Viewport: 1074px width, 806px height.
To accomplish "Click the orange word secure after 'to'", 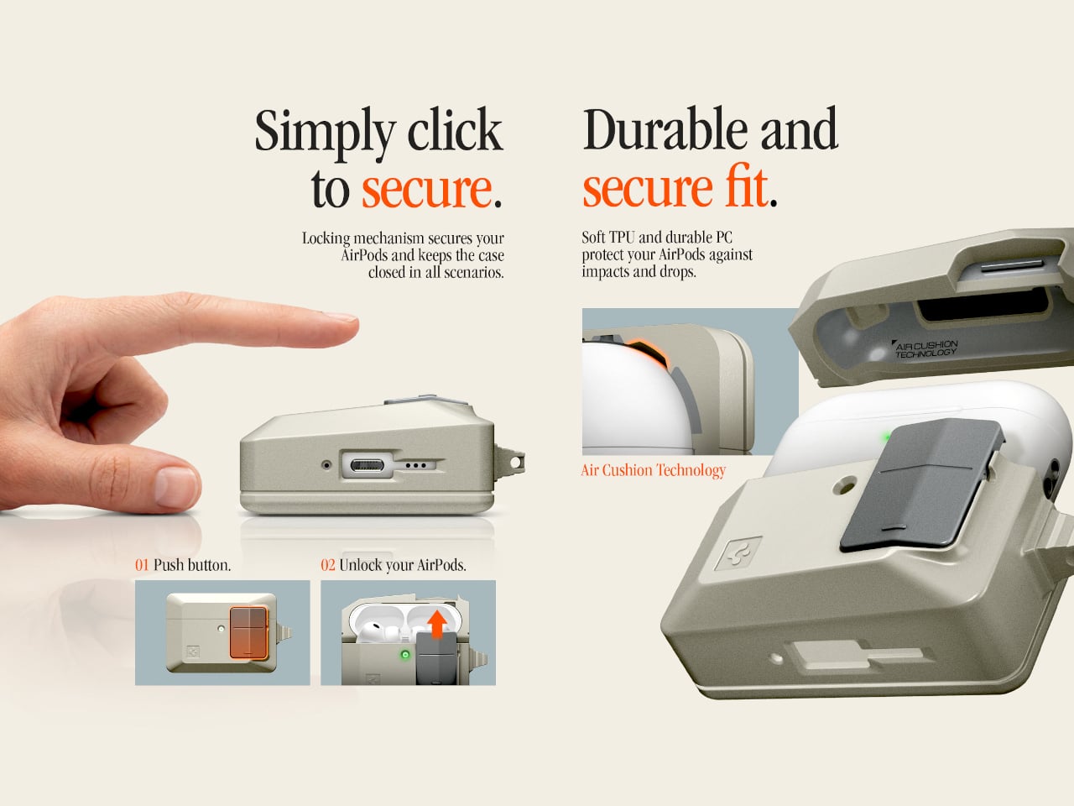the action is click(x=427, y=190).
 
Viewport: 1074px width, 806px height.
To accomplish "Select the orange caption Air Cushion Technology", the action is click(x=653, y=470).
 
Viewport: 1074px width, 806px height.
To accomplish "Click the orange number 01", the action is click(x=142, y=565).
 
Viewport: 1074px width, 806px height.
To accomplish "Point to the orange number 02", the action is click(x=328, y=565).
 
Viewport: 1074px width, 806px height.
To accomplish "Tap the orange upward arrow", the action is click(x=437, y=625).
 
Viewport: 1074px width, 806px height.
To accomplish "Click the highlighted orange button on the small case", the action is click(x=248, y=633).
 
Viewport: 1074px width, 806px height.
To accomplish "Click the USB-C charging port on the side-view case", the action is click(x=367, y=464).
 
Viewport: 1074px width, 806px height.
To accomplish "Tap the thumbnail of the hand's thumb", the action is click(x=175, y=487).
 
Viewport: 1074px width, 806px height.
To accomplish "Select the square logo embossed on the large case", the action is click(x=738, y=553).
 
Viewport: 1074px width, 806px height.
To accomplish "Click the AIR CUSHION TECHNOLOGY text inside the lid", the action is click(x=925, y=349).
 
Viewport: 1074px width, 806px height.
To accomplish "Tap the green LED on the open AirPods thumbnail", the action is click(x=404, y=654).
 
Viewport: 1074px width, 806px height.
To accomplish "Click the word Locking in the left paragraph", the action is click(x=326, y=238).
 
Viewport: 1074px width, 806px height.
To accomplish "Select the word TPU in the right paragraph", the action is click(x=621, y=238).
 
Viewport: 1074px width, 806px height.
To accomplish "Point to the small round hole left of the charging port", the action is click(x=327, y=464).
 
